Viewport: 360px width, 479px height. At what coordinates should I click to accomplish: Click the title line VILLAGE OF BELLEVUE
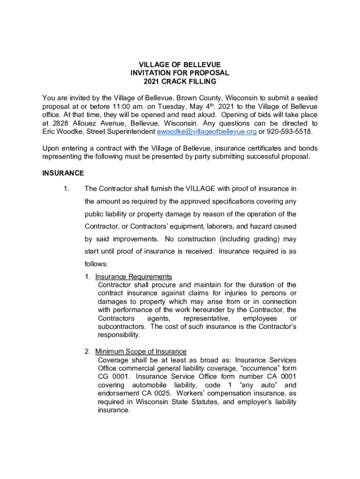[x=180, y=64]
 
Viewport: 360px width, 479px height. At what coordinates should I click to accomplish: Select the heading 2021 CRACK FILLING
[x=180, y=81]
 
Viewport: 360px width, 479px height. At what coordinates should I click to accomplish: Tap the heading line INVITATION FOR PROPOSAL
[x=180, y=73]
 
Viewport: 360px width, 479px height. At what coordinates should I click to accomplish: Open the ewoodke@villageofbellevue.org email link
[x=206, y=132]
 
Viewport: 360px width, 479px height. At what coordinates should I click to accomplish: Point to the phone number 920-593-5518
[x=290, y=132]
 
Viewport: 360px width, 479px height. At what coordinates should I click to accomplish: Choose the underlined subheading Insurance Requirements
[x=134, y=276]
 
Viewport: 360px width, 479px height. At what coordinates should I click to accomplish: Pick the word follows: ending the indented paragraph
[x=97, y=264]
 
